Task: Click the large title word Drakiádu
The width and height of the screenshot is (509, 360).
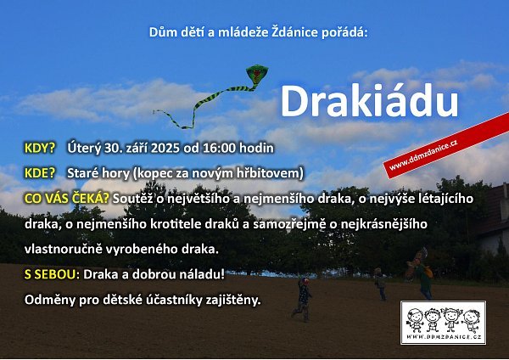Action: click(x=369, y=101)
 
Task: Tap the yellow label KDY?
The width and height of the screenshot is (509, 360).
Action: click(x=40, y=148)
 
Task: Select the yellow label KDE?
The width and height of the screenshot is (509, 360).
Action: click(x=40, y=173)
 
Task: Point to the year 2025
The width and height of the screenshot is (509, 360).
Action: click(x=165, y=148)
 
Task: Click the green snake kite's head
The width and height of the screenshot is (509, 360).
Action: click(x=257, y=74)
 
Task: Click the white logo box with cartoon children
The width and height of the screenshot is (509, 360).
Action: click(x=444, y=323)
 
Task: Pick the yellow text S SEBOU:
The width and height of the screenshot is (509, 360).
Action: click(x=52, y=274)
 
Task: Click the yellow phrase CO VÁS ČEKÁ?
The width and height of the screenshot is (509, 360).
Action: click(x=66, y=199)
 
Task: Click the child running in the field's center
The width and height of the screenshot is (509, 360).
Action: click(x=303, y=299)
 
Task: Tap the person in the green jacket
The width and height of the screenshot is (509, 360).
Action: click(x=423, y=278)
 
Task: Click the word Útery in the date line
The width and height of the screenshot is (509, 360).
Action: click(x=84, y=148)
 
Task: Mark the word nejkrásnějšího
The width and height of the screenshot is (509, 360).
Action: click(x=384, y=224)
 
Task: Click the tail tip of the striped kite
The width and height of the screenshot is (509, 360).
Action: click(x=154, y=112)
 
